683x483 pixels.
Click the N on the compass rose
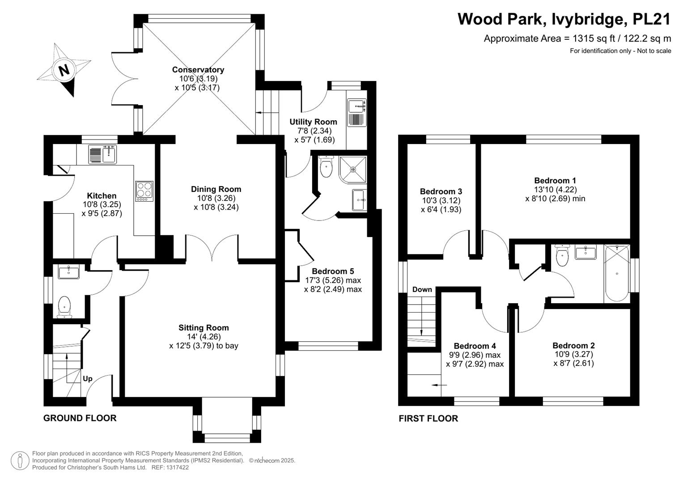coord(64,71)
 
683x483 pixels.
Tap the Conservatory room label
coord(198,69)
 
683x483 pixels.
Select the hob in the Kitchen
coord(144,191)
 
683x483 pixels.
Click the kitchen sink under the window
coord(102,154)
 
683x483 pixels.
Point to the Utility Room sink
coord(356,113)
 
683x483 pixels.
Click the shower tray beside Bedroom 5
coord(353,169)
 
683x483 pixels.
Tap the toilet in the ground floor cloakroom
coord(64,307)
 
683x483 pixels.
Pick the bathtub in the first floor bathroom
coord(617,273)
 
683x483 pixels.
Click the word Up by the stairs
coord(88,379)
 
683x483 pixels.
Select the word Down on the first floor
coord(422,289)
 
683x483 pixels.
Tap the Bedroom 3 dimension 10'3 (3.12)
coord(441,201)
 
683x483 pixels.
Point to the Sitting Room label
coord(204,328)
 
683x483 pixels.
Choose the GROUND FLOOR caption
coord(80,418)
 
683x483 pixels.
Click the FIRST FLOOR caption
coord(428,418)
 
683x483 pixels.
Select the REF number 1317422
coord(178,467)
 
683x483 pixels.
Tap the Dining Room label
coord(216,189)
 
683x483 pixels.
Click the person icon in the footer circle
coord(20,461)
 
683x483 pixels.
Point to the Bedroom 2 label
coord(573,345)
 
